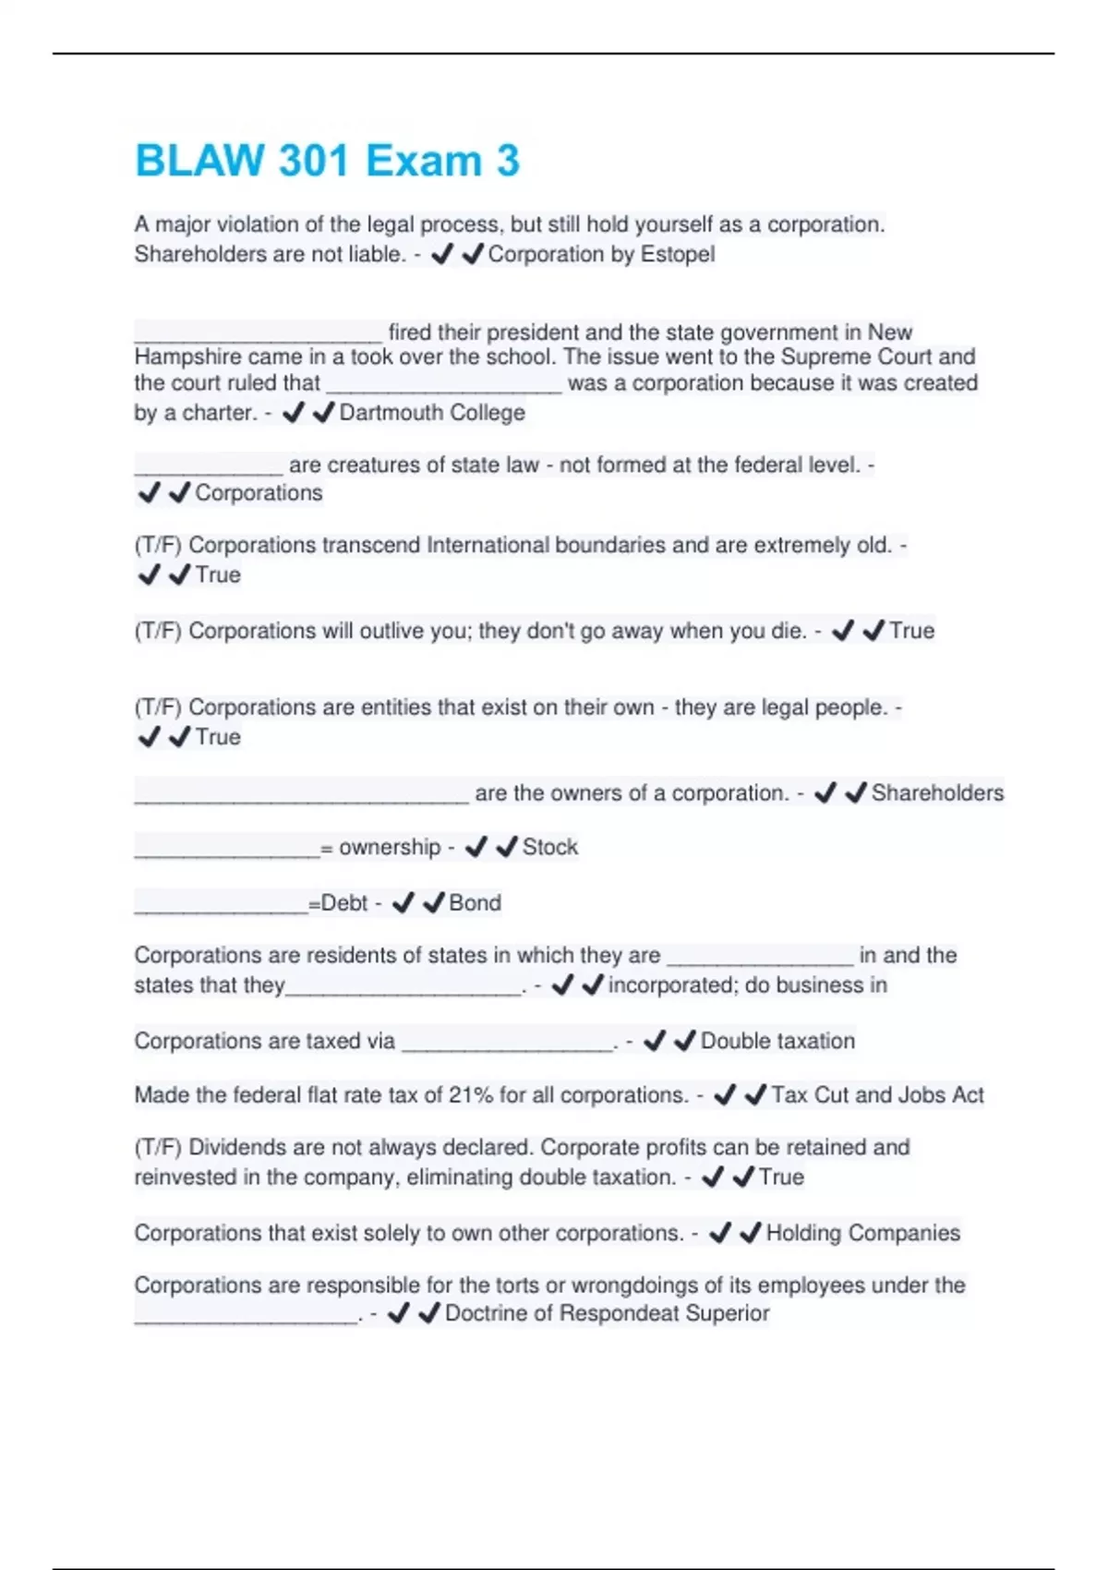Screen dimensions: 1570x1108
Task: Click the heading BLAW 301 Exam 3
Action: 327,161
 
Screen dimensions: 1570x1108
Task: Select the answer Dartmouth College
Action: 432,413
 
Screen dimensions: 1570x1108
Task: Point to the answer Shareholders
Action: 937,793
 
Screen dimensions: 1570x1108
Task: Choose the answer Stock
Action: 550,847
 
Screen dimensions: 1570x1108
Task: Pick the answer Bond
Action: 475,902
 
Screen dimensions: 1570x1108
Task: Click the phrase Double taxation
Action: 777,1041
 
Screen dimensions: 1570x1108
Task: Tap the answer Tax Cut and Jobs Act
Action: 877,1095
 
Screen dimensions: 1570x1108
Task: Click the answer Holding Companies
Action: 863,1233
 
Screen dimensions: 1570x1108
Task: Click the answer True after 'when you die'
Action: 911,631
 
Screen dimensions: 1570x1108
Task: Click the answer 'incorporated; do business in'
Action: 747,985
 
